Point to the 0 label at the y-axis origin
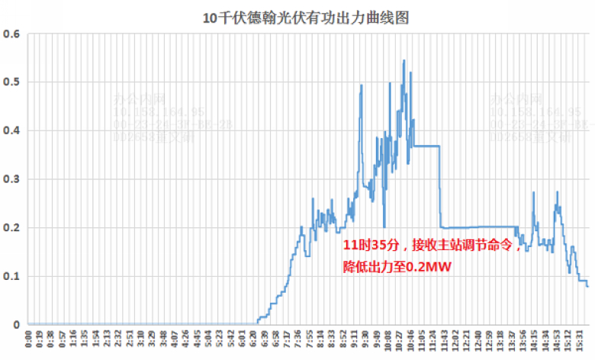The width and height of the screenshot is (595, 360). pyautogui.click(x=17, y=325)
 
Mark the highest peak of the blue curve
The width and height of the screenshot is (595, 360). pyautogui.click(x=404, y=60)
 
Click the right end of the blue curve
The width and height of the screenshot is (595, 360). pyautogui.click(x=587, y=286)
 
